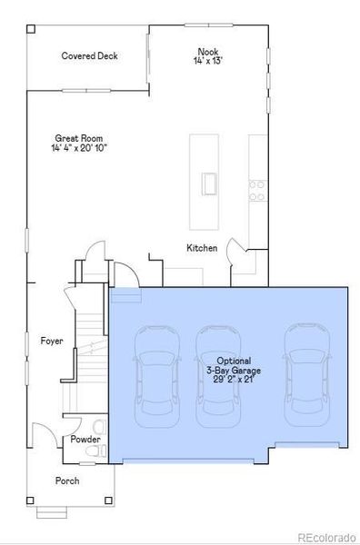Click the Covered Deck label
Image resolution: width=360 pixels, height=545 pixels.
tap(89, 56)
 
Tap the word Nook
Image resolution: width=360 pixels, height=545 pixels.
tap(207, 52)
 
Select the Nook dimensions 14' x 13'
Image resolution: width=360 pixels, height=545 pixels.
tap(207, 61)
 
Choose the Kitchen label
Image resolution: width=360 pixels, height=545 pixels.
tap(202, 248)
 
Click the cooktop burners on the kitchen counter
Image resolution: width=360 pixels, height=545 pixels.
tap(258, 189)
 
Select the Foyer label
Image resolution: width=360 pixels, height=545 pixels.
tap(52, 342)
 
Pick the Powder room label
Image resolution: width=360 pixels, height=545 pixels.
tap(85, 440)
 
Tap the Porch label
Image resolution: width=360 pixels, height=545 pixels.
tap(67, 481)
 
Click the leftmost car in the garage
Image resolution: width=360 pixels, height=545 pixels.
tap(151, 375)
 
